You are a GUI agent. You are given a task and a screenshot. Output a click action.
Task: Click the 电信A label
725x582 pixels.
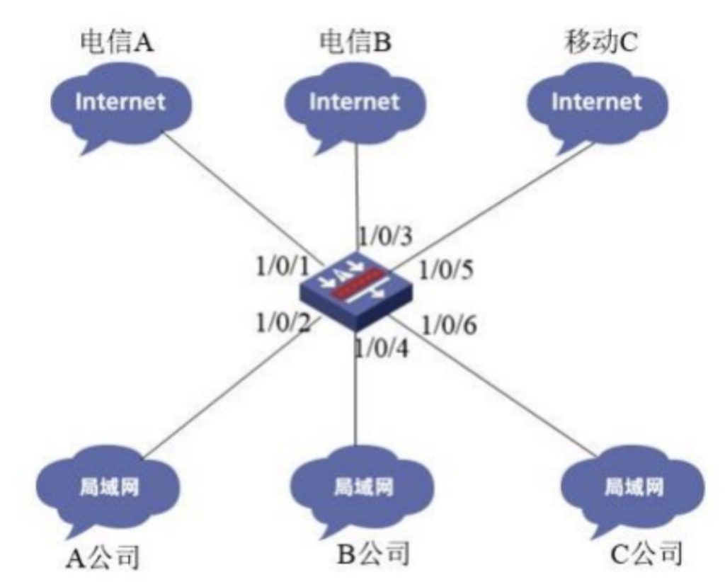(118, 43)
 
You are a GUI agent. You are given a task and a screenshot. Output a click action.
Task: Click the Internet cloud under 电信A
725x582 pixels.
(120, 103)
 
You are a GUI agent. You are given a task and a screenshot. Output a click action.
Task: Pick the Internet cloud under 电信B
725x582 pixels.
(354, 103)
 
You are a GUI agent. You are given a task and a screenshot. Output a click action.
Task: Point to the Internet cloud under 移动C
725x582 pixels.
(595, 103)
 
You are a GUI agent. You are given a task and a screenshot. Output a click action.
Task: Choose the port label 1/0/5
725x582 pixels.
(447, 270)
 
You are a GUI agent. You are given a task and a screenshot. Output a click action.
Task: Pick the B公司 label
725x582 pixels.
(372, 551)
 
